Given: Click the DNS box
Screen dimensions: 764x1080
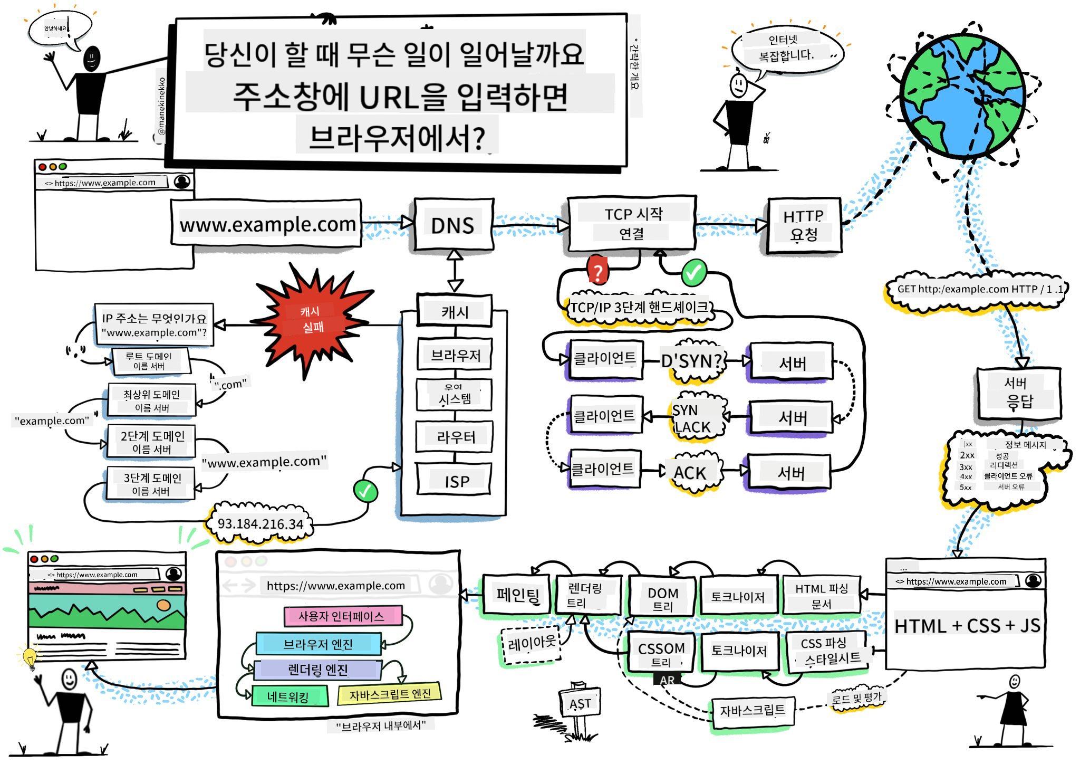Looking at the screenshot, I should pyautogui.click(x=453, y=225).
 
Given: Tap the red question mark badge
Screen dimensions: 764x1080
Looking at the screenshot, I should pyautogui.click(x=597, y=272).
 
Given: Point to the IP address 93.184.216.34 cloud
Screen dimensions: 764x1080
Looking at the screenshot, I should pyautogui.click(x=261, y=524).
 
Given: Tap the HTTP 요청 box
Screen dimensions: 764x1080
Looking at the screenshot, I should pyautogui.click(x=803, y=225).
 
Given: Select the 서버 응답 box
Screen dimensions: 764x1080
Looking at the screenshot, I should pyautogui.click(x=1018, y=393).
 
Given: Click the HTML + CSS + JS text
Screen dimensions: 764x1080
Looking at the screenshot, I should pyautogui.click(x=966, y=626).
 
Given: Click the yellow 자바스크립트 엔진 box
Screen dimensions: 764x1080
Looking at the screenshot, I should pyautogui.click(x=389, y=694).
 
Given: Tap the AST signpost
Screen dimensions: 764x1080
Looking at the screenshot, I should pyautogui.click(x=580, y=704).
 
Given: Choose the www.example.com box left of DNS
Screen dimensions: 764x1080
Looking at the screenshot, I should pyautogui.click(x=266, y=224).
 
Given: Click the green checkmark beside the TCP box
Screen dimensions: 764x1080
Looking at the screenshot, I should pyautogui.click(x=693, y=272).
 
